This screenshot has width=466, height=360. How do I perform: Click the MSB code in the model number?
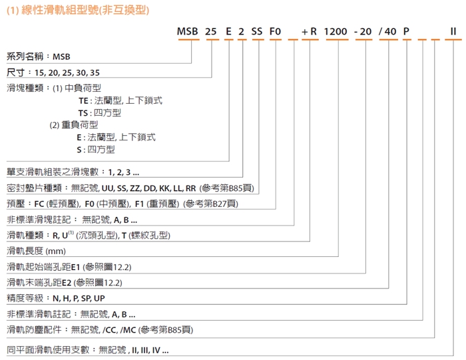point(187,31)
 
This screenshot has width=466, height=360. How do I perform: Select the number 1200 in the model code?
point(336,31)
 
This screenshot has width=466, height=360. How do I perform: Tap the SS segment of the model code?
point(257,31)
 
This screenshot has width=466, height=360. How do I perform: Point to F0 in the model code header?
point(275,31)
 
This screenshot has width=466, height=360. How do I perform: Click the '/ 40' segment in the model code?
point(387,31)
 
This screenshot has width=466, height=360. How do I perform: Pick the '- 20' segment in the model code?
point(363,31)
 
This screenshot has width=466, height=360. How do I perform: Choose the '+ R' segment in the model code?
point(309,31)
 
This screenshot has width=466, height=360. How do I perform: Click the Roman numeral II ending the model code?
point(453,31)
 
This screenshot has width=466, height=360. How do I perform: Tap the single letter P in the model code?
point(406,31)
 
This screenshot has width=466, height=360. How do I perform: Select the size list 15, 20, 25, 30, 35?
point(67,73)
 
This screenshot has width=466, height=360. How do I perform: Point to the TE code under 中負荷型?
point(83,101)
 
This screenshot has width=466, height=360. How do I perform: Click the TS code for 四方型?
point(83,113)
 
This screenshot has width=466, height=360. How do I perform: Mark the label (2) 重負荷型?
point(74,125)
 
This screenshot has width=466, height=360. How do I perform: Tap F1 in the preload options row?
point(139,204)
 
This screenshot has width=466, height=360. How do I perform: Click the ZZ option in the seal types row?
point(135,188)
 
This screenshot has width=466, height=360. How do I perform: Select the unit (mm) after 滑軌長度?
point(55,252)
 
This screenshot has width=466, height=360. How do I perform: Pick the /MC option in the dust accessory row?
point(128,330)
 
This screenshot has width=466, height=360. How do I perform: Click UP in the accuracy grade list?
point(99,298)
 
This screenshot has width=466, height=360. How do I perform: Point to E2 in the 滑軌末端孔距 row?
point(67,282)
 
